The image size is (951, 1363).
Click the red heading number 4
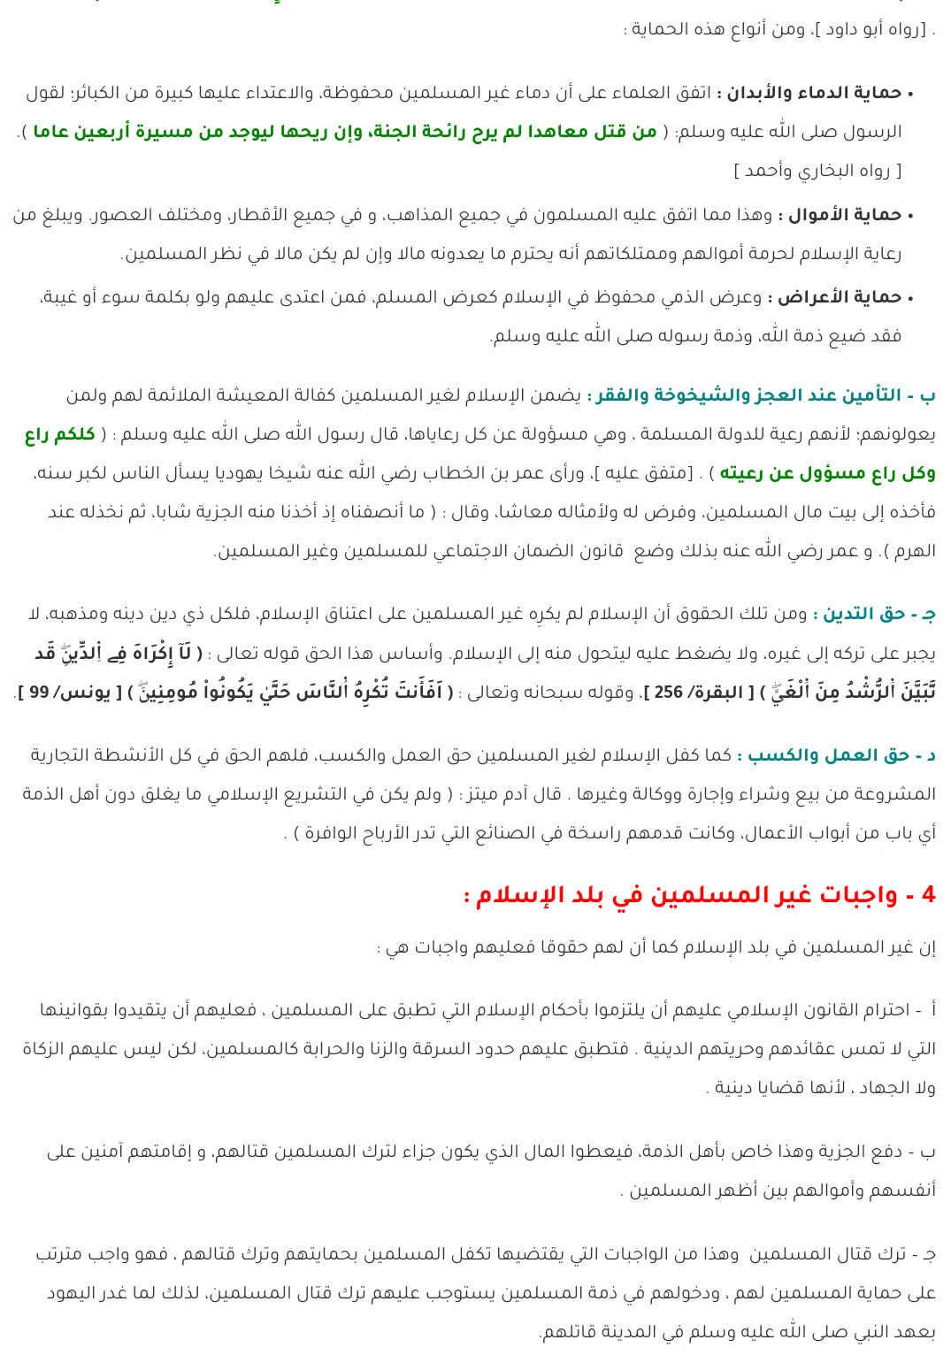point(928,894)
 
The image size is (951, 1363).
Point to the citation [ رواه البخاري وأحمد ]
point(817,171)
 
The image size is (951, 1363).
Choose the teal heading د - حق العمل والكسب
point(841,755)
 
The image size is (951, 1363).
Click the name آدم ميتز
point(514,794)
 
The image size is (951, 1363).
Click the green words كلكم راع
point(60,434)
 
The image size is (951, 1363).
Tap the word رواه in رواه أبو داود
point(908,29)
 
